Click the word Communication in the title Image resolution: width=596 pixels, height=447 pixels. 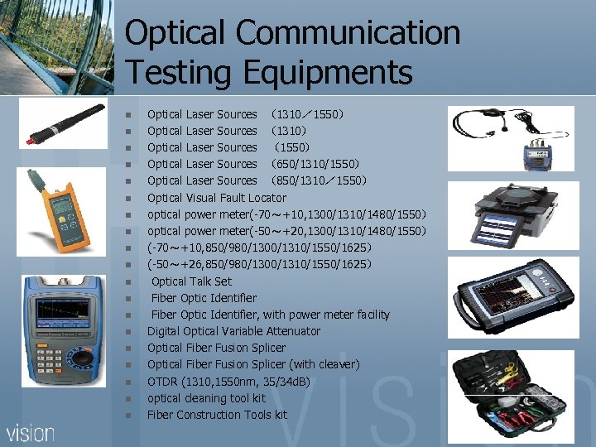click(348, 33)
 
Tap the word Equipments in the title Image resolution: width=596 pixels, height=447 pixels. click(328, 73)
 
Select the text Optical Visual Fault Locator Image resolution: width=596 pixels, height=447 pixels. click(216, 198)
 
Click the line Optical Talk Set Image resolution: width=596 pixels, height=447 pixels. click(191, 281)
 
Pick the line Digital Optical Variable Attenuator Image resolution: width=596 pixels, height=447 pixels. click(233, 331)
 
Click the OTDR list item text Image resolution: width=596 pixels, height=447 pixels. click(228, 382)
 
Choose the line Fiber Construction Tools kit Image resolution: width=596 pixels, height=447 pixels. click(217, 415)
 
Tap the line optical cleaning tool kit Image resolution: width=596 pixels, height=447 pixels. click(206, 398)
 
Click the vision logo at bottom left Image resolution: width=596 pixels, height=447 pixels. click(31, 432)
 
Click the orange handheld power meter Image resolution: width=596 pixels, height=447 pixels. click(57, 210)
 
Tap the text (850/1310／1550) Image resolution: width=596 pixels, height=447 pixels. click(320, 180)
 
